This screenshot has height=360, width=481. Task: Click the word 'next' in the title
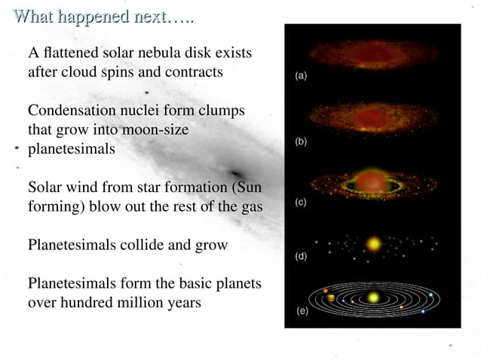coord(151,16)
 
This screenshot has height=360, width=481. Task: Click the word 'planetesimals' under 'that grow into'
coord(72,148)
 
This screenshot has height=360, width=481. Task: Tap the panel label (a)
coord(301,77)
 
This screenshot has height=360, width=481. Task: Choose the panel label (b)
coord(301,141)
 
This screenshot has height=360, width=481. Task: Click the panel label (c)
coord(301,203)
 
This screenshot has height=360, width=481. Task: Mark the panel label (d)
coord(301,256)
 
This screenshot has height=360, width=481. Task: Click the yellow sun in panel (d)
coord(372,244)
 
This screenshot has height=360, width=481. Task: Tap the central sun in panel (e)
coord(372,298)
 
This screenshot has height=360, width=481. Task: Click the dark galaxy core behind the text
coord(240,172)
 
